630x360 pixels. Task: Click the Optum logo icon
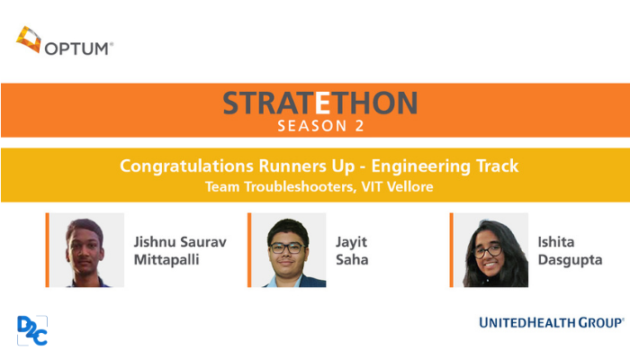click(29, 40)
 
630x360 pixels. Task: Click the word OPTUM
click(76, 49)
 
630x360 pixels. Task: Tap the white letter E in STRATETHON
click(322, 103)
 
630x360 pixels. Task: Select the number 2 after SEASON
click(359, 126)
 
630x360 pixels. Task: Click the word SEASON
click(311, 126)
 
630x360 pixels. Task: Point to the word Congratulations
click(186, 166)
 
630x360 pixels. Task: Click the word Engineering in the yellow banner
click(420, 166)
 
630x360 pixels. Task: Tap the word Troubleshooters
click(300, 187)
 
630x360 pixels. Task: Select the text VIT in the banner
click(372, 187)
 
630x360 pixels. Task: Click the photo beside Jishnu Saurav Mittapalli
click(86, 250)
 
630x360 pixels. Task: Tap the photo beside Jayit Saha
click(289, 250)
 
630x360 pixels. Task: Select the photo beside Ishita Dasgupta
click(491, 250)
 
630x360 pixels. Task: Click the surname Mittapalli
click(166, 260)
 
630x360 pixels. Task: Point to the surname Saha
click(352, 259)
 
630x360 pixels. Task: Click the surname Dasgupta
click(570, 260)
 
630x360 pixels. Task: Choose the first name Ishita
click(556, 242)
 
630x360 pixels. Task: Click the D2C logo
click(32, 330)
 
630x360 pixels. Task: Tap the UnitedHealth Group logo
click(552, 322)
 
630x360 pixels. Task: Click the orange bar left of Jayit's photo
click(249, 250)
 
